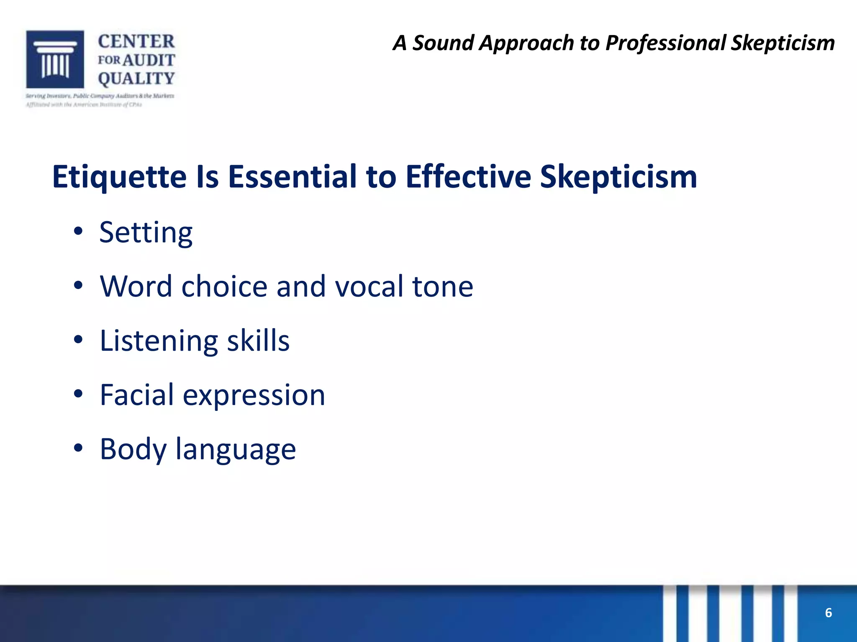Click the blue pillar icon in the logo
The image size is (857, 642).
pos(55,59)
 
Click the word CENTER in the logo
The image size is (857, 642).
pos(136,42)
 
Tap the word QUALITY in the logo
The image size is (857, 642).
pos(136,79)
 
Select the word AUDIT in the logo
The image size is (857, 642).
pos(149,60)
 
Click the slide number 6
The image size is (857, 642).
pos(828,613)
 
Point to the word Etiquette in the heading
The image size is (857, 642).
pos(119,177)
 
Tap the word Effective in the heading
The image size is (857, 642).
pos(468,176)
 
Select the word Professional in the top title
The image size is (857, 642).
pos(666,43)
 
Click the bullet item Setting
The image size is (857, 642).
pos(146,233)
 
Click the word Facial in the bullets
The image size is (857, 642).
pos(136,395)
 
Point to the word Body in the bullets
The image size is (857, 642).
pos(133,450)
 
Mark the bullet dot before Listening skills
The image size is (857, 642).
pos(78,340)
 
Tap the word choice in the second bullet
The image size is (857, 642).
pos(224,286)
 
